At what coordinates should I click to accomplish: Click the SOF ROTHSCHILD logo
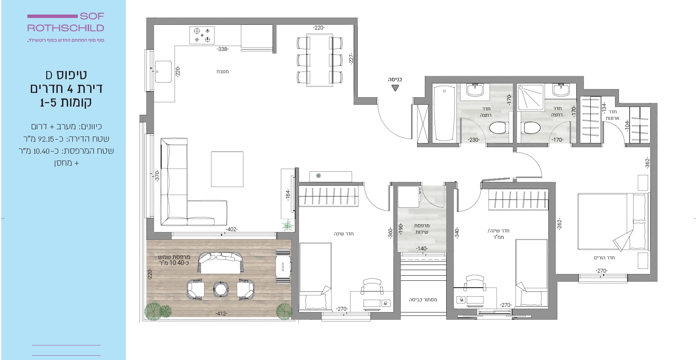coord(65,22)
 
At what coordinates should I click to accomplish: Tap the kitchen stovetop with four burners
coord(202,35)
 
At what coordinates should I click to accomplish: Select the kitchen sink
coord(163,71)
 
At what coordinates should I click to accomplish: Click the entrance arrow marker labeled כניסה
coord(395,88)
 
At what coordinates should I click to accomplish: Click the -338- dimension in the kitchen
coord(223,49)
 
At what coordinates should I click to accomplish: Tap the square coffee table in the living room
coord(227,169)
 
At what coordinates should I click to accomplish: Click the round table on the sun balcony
coord(221,289)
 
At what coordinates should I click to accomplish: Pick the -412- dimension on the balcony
coord(221,314)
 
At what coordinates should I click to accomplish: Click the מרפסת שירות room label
coord(422,229)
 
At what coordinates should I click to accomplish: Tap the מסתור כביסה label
coord(423,300)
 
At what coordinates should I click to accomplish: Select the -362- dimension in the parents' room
coord(648,163)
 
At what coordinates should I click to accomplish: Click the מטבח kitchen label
coord(223,71)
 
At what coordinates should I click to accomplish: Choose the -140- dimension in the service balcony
coord(422,248)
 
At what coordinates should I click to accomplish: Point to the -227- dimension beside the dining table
coord(351,59)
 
